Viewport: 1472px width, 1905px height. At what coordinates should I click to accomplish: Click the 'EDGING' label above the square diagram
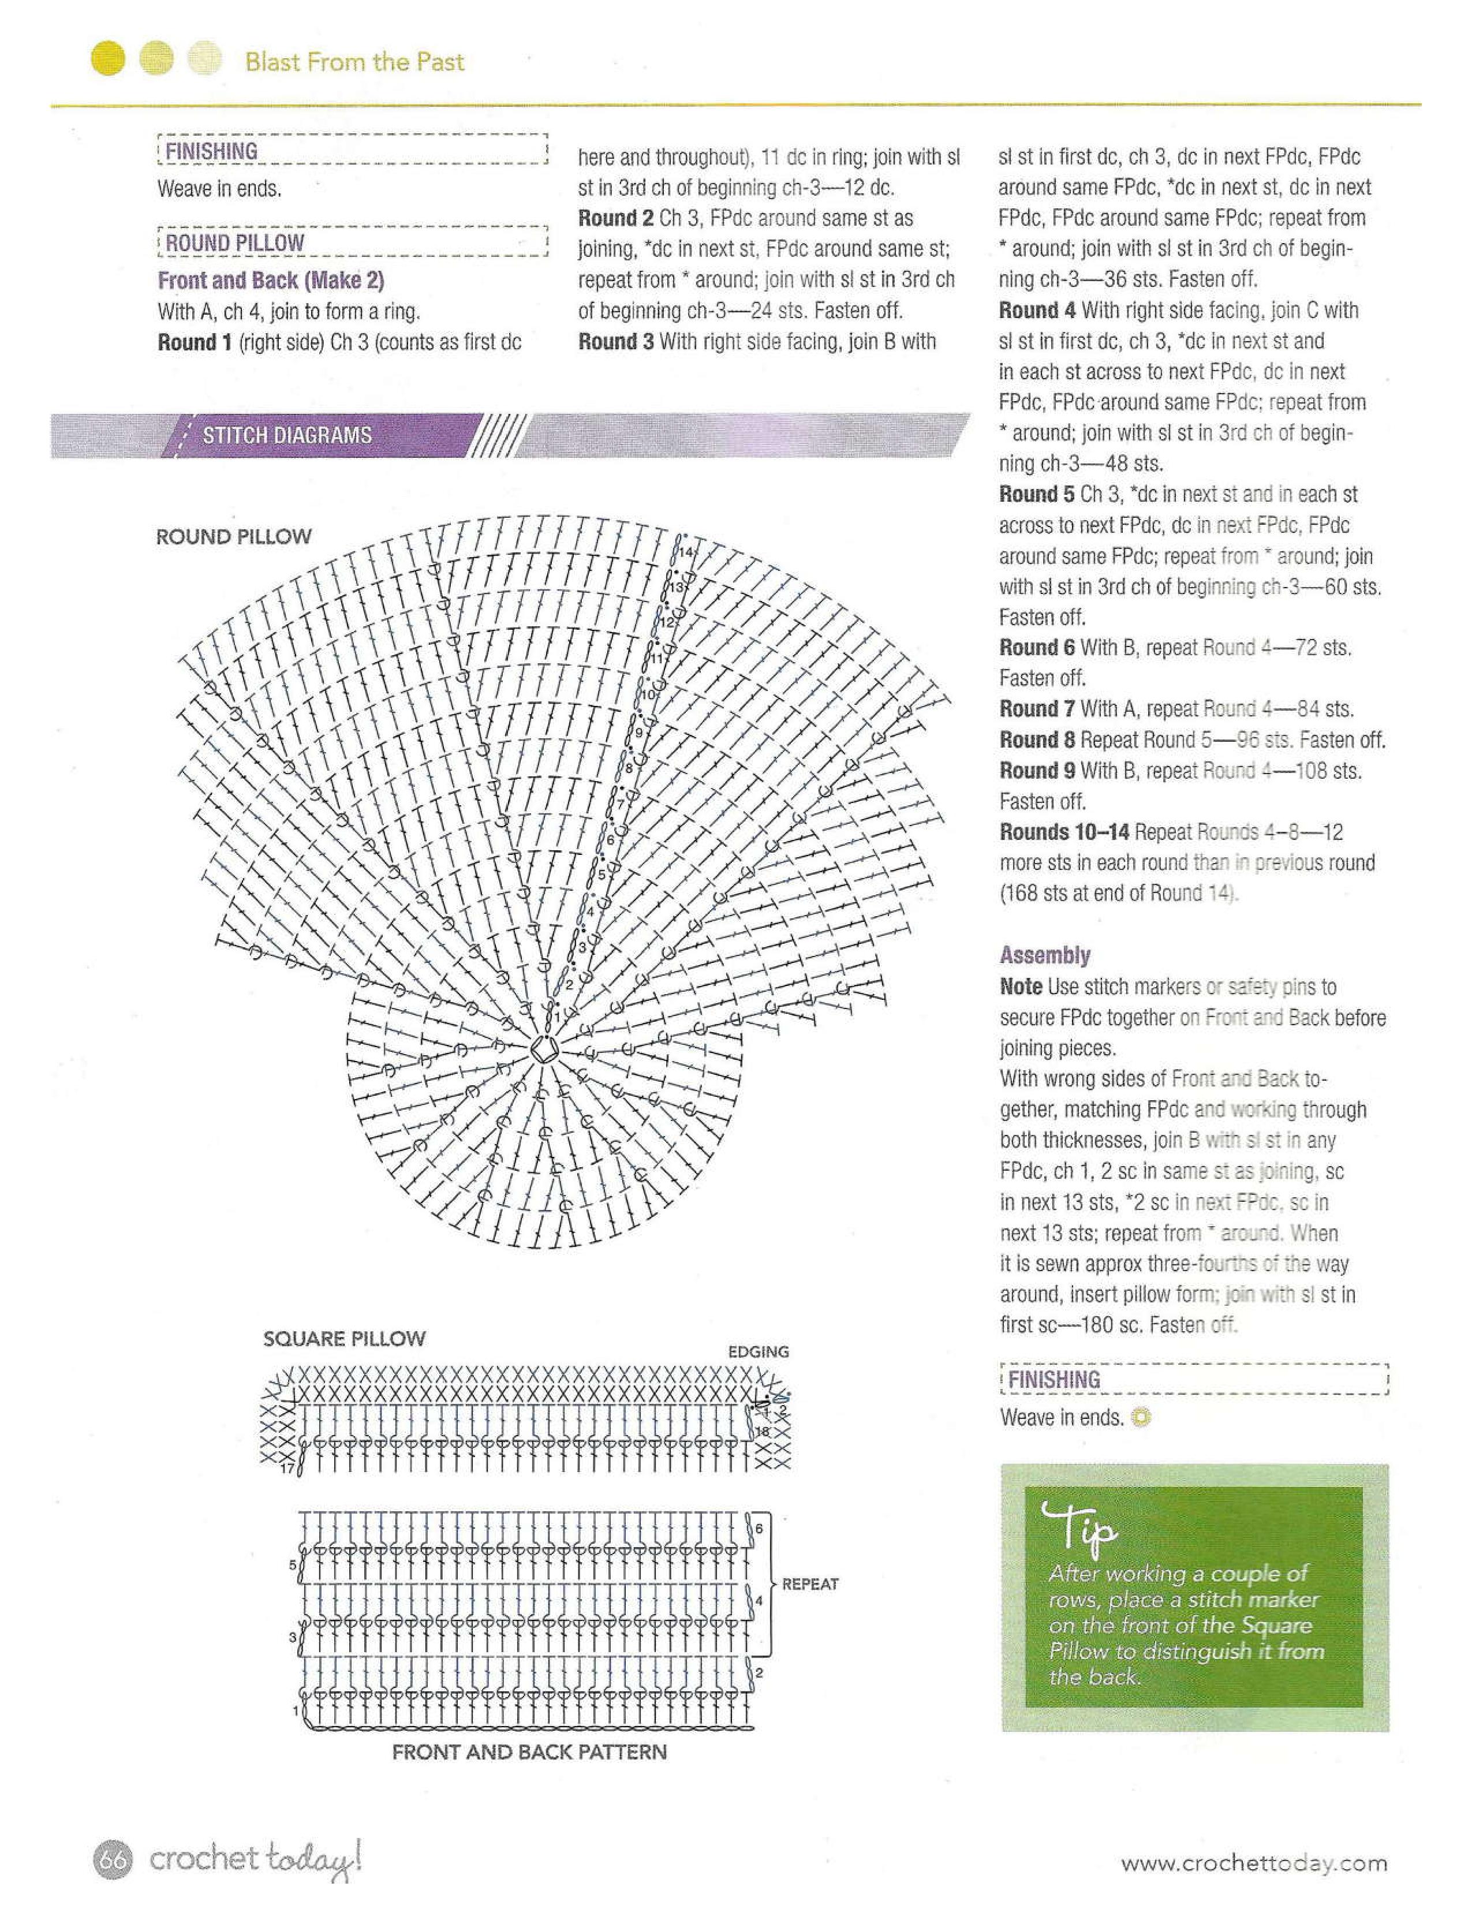pyautogui.click(x=758, y=1352)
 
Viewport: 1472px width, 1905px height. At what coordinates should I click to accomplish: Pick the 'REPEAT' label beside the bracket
pyautogui.click(x=809, y=1584)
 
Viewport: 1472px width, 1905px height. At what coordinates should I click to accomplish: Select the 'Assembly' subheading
pyautogui.click(x=1045, y=955)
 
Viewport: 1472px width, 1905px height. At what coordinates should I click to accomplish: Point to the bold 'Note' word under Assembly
pyautogui.click(x=1020, y=987)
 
